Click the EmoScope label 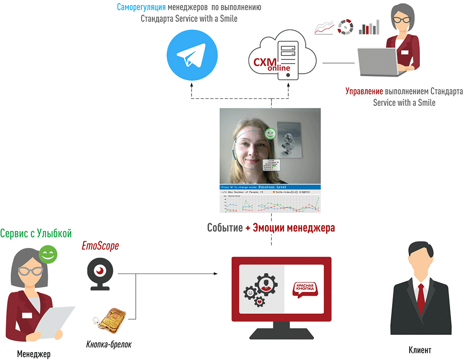pyautogui.click(x=100, y=246)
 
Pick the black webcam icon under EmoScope pyautogui.click(x=100, y=275)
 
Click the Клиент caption pyautogui.click(x=420, y=350)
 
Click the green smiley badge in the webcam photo pyautogui.click(x=270, y=134)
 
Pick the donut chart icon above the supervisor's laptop pyautogui.click(x=346, y=27)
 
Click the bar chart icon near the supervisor pyautogui.click(x=370, y=27)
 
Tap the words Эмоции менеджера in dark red pyautogui.click(x=293, y=228)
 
